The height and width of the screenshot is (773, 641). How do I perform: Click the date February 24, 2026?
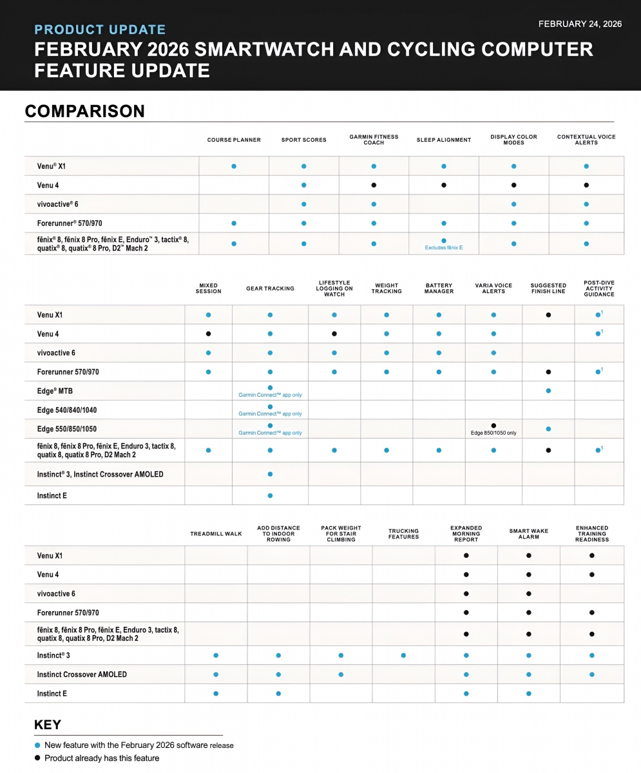(580, 24)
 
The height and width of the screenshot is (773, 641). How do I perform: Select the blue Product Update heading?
(100, 30)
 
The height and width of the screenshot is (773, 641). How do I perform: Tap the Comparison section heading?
(84, 111)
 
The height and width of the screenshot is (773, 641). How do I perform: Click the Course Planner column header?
(234, 140)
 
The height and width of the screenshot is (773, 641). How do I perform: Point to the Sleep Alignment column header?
(444, 140)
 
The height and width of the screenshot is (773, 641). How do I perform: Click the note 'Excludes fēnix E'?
(444, 247)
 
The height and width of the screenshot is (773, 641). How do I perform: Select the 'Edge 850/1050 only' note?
(493, 433)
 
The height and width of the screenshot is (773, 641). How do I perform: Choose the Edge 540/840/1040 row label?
(67, 410)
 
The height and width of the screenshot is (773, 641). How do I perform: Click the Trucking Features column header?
(404, 534)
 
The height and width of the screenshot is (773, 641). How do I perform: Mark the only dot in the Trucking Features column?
(403, 656)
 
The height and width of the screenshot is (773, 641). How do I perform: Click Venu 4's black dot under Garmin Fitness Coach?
(374, 185)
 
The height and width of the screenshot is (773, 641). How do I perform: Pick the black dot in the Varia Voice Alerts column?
(493, 426)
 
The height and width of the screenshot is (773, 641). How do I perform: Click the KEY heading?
(48, 725)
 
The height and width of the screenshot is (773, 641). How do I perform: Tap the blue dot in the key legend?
(37, 745)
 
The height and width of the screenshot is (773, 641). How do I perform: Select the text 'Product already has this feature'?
(102, 758)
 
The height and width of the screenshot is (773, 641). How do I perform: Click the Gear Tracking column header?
(270, 289)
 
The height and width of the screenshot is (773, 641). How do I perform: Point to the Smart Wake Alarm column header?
(529, 534)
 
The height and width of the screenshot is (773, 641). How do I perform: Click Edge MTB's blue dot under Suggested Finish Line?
(548, 391)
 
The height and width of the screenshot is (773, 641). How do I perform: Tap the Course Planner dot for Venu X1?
(234, 166)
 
